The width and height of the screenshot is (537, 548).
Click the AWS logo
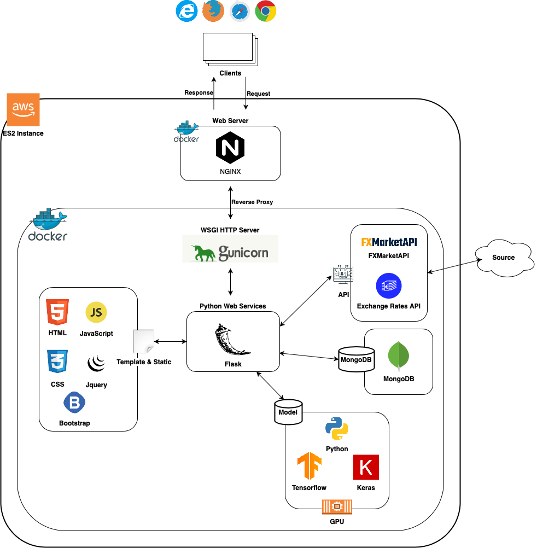[24, 109]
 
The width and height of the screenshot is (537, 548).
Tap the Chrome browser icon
[266, 11]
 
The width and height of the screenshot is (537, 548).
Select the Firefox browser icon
[213, 11]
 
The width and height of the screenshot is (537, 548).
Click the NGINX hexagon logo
[230, 148]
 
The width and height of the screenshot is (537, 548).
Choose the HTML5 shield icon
[57, 313]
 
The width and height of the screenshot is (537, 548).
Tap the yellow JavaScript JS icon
[96, 312]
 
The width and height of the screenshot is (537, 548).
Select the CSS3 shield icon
[57, 362]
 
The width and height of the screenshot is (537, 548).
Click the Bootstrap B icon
[74, 403]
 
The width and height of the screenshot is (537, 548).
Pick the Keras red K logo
[366, 467]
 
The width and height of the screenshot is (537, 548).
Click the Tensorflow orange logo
[309, 467]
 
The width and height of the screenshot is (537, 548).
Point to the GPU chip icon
[337, 506]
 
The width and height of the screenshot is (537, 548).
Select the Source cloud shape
[503, 258]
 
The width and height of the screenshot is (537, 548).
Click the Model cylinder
[288, 412]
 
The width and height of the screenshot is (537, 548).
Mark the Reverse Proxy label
[252, 202]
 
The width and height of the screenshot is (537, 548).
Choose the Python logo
[337, 429]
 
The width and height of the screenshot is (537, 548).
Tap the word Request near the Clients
[258, 94]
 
